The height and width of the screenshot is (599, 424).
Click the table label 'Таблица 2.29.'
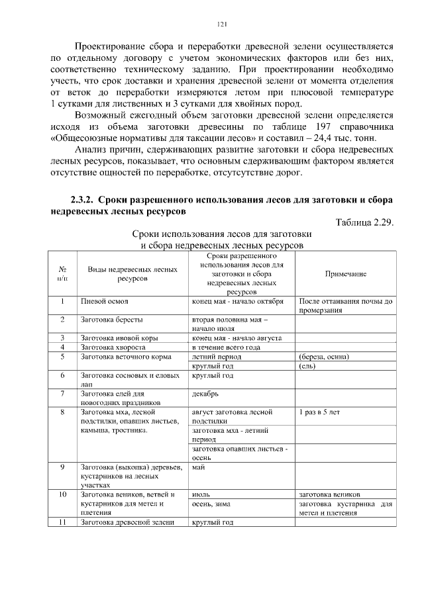[x=364, y=222]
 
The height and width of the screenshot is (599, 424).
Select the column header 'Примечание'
[x=345, y=273]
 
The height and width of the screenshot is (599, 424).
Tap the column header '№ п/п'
[x=62, y=273]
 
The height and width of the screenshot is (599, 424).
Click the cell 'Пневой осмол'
[x=104, y=301]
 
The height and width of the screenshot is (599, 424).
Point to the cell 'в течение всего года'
[x=225, y=347]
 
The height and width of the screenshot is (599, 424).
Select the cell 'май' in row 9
[x=197, y=467]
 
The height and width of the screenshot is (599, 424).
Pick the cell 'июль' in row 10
[x=201, y=494]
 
